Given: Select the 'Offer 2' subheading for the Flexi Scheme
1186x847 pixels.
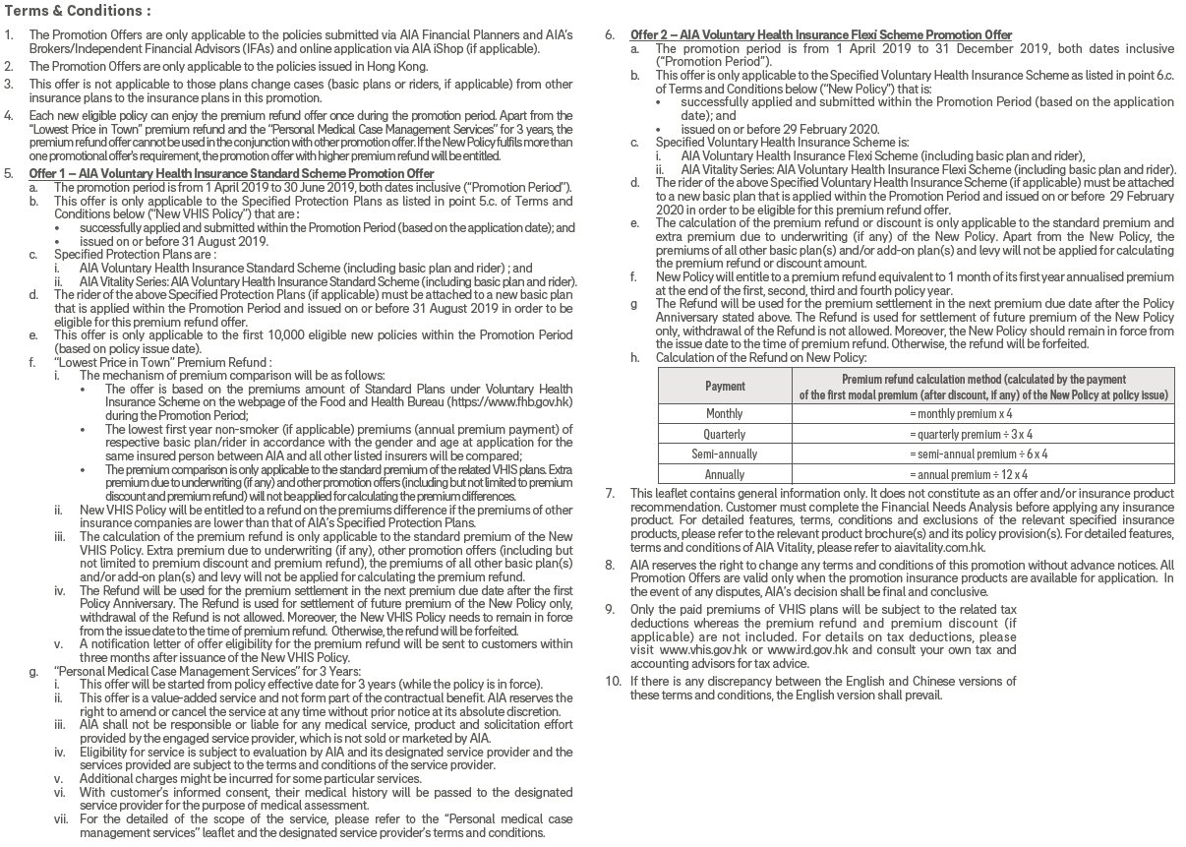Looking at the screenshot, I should point(821,35).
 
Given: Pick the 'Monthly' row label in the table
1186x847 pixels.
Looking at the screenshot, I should point(724,414).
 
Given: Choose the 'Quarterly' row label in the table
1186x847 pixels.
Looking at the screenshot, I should point(724,434).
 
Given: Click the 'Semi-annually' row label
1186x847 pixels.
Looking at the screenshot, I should point(724,454).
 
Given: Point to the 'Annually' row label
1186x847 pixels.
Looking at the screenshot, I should point(724,474).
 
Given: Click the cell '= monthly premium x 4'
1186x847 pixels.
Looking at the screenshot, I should point(982,414).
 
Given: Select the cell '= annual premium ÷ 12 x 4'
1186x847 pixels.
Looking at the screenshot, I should point(982,474).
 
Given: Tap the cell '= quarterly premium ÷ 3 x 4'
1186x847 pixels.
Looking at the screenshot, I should point(982,434).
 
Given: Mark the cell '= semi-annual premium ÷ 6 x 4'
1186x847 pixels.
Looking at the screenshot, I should point(982,454).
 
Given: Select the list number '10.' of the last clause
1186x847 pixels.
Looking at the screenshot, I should point(613,681).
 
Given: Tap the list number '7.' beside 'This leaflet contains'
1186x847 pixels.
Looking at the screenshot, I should point(610,493).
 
